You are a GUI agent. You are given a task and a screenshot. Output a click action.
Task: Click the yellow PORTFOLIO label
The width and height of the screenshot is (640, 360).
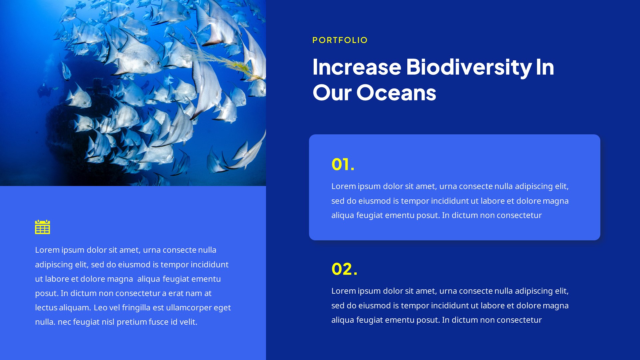(340, 40)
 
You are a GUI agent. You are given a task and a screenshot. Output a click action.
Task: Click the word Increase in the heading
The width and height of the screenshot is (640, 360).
(357, 67)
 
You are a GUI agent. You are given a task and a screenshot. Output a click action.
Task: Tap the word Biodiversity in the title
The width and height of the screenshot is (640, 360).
(469, 67)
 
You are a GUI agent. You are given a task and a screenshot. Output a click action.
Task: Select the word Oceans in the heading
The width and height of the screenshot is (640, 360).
(396, 92)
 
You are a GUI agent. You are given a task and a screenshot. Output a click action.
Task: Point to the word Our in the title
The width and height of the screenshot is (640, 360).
(332, 92)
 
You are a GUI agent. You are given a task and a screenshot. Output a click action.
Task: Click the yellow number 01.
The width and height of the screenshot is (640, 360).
(343, 164)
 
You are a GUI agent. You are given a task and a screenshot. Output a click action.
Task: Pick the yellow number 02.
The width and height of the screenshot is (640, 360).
(344, 269)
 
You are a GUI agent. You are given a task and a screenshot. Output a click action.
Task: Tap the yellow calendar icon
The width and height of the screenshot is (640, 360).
(42, 227)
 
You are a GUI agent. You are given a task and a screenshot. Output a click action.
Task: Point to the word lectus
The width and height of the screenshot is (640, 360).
(46, 307)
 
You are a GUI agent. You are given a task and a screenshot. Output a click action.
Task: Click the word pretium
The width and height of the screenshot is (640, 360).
(131, 322)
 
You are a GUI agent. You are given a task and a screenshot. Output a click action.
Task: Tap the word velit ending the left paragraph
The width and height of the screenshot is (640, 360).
(188, 322)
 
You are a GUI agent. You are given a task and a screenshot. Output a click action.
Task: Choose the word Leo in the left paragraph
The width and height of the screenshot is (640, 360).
(100, 307)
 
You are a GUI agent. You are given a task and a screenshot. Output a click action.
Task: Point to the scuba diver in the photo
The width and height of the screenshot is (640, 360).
(45, 89)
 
